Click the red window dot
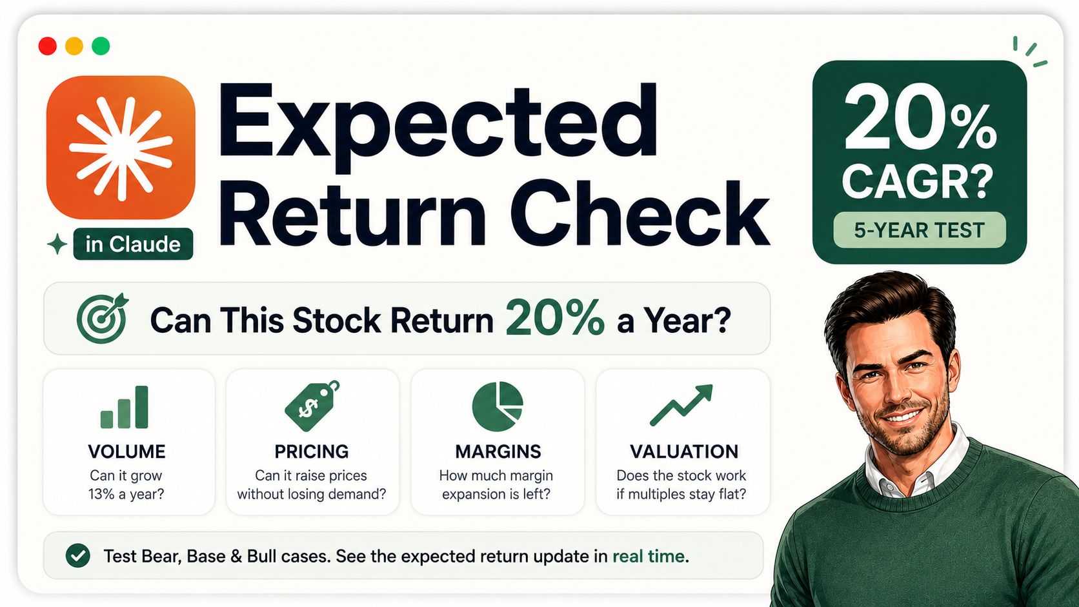(x=48, y=46)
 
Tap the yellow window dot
(x=74, y=46)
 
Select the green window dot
(x=101, y=46)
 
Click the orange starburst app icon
(x=121, y=147)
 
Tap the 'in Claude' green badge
(x=133, y=244)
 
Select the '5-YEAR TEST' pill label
(x=920, y=230)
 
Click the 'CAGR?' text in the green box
(x=918, y=181)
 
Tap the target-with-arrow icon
(x=102, y=318)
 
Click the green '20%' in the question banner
(x=555, y=318)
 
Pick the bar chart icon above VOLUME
(x=125, y=407)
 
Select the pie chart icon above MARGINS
(x=498, y=406)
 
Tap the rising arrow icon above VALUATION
(x=681, y=405)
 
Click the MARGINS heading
(x=498, y=452)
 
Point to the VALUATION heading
(x=684, y=452)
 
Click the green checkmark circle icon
(x=78, y=555)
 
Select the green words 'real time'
(x=649, y=557)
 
